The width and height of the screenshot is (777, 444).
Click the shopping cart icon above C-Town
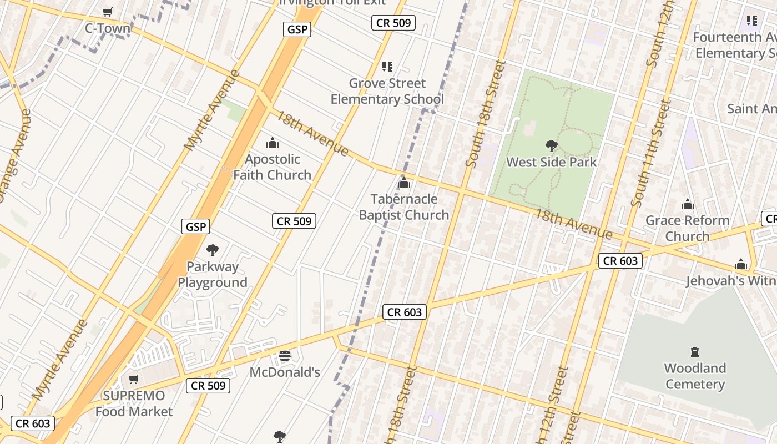[108, 12]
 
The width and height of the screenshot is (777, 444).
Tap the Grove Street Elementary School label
[387, 92]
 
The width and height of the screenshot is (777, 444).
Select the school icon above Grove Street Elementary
[387, 67]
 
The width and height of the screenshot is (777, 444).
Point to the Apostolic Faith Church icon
[273, 143]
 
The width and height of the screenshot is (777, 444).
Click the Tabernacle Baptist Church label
[403, 207]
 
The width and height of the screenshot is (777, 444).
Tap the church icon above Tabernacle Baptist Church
[404, 183]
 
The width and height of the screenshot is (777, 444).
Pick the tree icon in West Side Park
[552, 146]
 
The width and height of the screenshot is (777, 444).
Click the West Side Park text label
[552, 162]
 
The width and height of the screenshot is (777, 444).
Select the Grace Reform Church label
[687, 228]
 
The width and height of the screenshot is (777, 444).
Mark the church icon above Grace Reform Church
[688, 204]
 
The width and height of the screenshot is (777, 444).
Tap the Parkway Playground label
[213, 274]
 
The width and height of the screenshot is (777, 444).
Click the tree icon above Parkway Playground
[213, 250]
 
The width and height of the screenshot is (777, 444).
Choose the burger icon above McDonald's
[285, 356]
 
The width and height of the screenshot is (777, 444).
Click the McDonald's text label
[285, 372]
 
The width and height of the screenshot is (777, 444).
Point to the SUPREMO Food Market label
[134, 403]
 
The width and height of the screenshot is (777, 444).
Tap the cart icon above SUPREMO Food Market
[133, 380]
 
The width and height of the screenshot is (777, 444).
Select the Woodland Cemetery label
[695, 376]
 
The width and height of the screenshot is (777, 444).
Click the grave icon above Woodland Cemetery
[695, 352]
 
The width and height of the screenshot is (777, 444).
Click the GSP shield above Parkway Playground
[195, 226]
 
